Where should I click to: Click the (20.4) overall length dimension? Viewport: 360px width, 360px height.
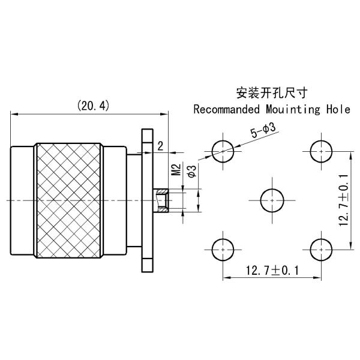point(92,106)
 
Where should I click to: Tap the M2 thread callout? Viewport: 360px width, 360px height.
point(176,170)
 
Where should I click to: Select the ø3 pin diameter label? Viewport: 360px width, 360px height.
point(191,170)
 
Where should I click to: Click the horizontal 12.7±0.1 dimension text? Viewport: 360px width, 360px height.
point(272,271)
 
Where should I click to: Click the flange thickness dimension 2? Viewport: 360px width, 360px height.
point(160,146)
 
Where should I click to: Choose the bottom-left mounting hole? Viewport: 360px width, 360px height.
point(224,248)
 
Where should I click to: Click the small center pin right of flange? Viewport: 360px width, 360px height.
point(162,200)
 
